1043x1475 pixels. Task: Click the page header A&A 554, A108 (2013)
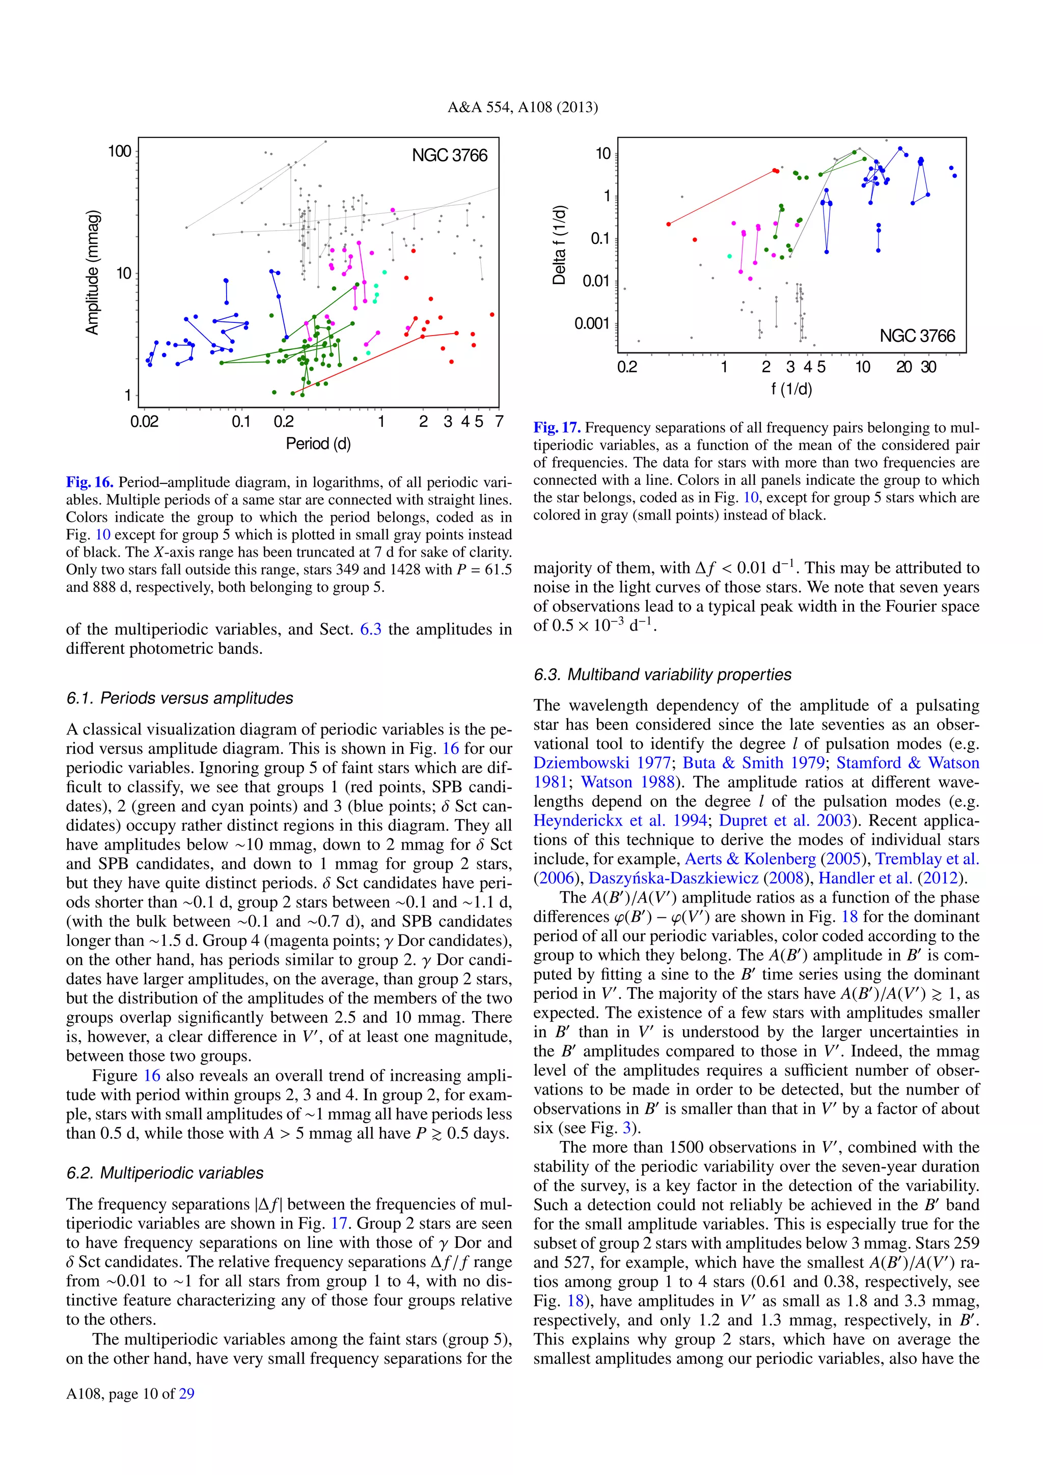(x=522, y=108)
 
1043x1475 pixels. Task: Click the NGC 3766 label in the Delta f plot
(x=917, y=336)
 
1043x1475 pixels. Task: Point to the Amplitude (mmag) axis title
(x=93, y=272)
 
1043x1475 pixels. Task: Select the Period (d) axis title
(x=318, y=443)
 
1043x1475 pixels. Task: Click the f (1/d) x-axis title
(x=791, y=389)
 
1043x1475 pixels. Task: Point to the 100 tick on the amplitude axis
(x=120, y=152)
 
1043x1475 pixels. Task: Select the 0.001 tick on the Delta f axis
(x=591, y=323)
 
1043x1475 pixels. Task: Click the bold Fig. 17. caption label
(x=557, y=428)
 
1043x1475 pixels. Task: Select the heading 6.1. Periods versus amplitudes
(x=180, y=698)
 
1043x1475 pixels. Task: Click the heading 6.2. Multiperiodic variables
(x=165, y=1173)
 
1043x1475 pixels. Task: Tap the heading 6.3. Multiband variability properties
(x=662, y=674)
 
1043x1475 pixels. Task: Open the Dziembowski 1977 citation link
(x=602, y=763)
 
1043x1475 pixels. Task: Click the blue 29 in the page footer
(x=187, y=1394)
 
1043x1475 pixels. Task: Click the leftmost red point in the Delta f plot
(x=669, y=224)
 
